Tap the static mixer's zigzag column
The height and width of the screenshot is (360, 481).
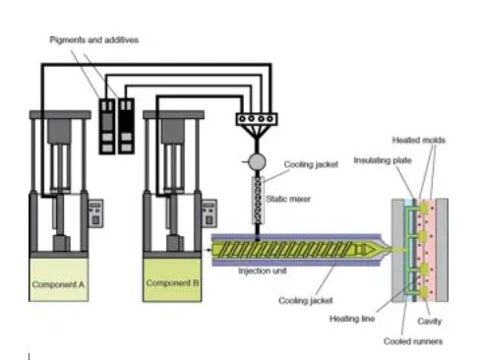[258, 202]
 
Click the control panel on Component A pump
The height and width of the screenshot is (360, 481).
[96, 212]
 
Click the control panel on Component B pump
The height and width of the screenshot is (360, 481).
[209, 212]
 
